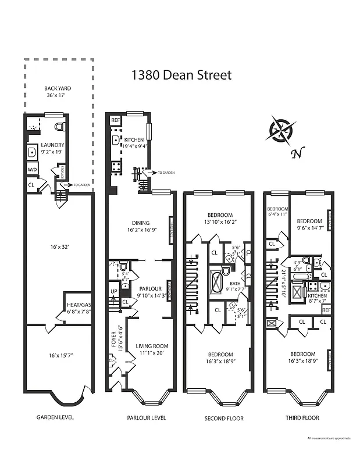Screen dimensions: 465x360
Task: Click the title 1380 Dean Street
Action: [x=181, y=75]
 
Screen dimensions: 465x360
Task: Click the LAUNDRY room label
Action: [x=52, y=145]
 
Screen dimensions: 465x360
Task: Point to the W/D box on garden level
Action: [x=31, y=170]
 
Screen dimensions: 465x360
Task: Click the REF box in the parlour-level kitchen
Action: [x=115, y=120]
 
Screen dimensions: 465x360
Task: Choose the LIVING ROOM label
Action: [x=152, y=346]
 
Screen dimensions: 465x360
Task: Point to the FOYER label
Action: [x=113, y=342]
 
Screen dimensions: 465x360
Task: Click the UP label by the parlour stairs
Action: [x=114, y=291]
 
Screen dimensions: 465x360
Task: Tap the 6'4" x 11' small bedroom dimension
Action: [x=277, y=214]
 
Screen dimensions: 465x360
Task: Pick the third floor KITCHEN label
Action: [x=317, y=296]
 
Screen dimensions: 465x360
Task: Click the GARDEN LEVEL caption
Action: [x=55, y=417]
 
